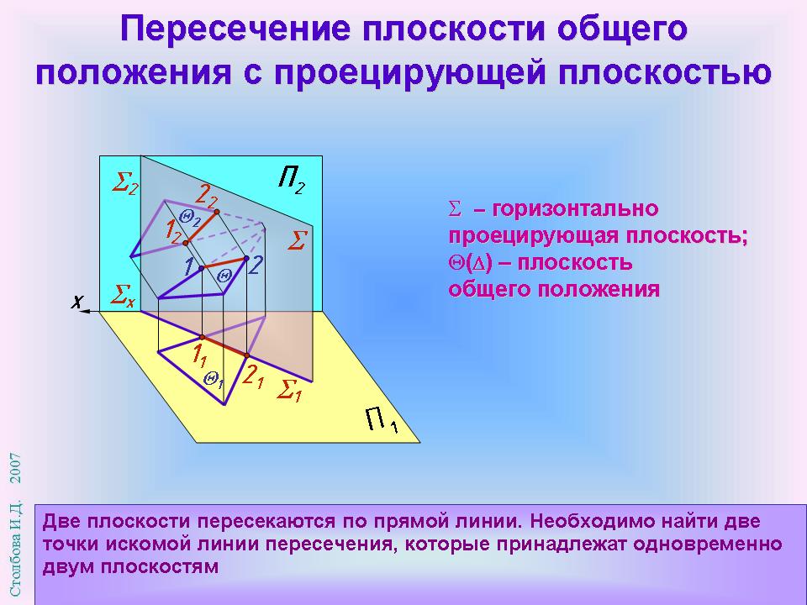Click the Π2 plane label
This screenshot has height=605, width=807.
coord(292,180)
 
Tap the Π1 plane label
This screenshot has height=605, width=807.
coord(382,420)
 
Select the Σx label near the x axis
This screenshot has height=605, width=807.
coord(124,297)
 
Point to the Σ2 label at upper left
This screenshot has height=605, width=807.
coord(125,183)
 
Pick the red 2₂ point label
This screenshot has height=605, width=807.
coord(207,197)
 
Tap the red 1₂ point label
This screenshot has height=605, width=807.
coord(173,232)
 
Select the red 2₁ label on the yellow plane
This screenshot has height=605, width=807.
coord(253,377)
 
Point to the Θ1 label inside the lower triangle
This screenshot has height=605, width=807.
coord(213,380)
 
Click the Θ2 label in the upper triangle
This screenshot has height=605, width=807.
coord(190,218)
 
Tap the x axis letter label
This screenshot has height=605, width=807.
coord(76,302)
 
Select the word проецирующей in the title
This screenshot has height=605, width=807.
coord(409,72)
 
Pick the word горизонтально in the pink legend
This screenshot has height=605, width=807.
coord(575,209)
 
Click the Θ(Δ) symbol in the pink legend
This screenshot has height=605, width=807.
coord(471,263)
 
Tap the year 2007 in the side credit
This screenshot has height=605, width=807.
coord(16,468)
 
